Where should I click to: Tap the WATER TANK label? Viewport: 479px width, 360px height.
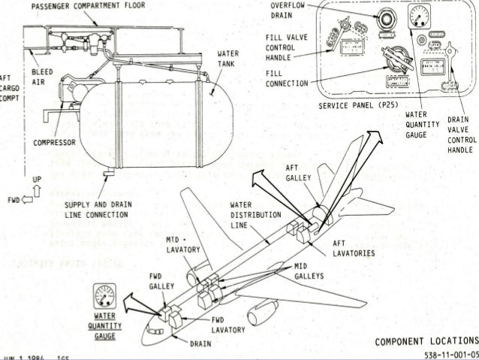pyautogui.click(x=227, y=59)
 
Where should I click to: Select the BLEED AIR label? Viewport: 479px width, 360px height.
pyautogui.click(x=38, y=78)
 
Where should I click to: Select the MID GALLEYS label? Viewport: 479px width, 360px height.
pyautogui.click(x=309, y=271)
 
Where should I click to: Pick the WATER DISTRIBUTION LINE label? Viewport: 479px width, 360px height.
pyautogui.click(x=250, y=214)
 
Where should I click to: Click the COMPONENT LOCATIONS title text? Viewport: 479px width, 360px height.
pyautogui.click(x=426, y=340)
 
